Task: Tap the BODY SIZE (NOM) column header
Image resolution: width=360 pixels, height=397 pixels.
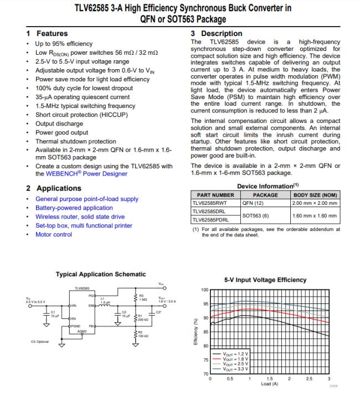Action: pyautogui.click(x=315, y=195)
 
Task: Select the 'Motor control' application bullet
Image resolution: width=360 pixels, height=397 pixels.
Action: pyautogui.click(x=53, y=234)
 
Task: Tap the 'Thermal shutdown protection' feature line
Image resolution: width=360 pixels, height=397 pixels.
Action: pyautogui.click(x=76, y=141)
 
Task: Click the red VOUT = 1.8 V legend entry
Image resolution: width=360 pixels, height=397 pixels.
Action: pyautogui.click(x=235, y=358)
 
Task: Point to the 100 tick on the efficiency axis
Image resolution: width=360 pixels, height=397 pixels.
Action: pyautogui.click(x=204, y=290)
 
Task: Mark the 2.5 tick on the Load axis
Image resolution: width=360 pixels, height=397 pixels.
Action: pyautogui.click(x=309, y=378)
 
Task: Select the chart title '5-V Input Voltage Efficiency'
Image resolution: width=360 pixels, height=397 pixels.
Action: pyautogui.click(x=265, y=280)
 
